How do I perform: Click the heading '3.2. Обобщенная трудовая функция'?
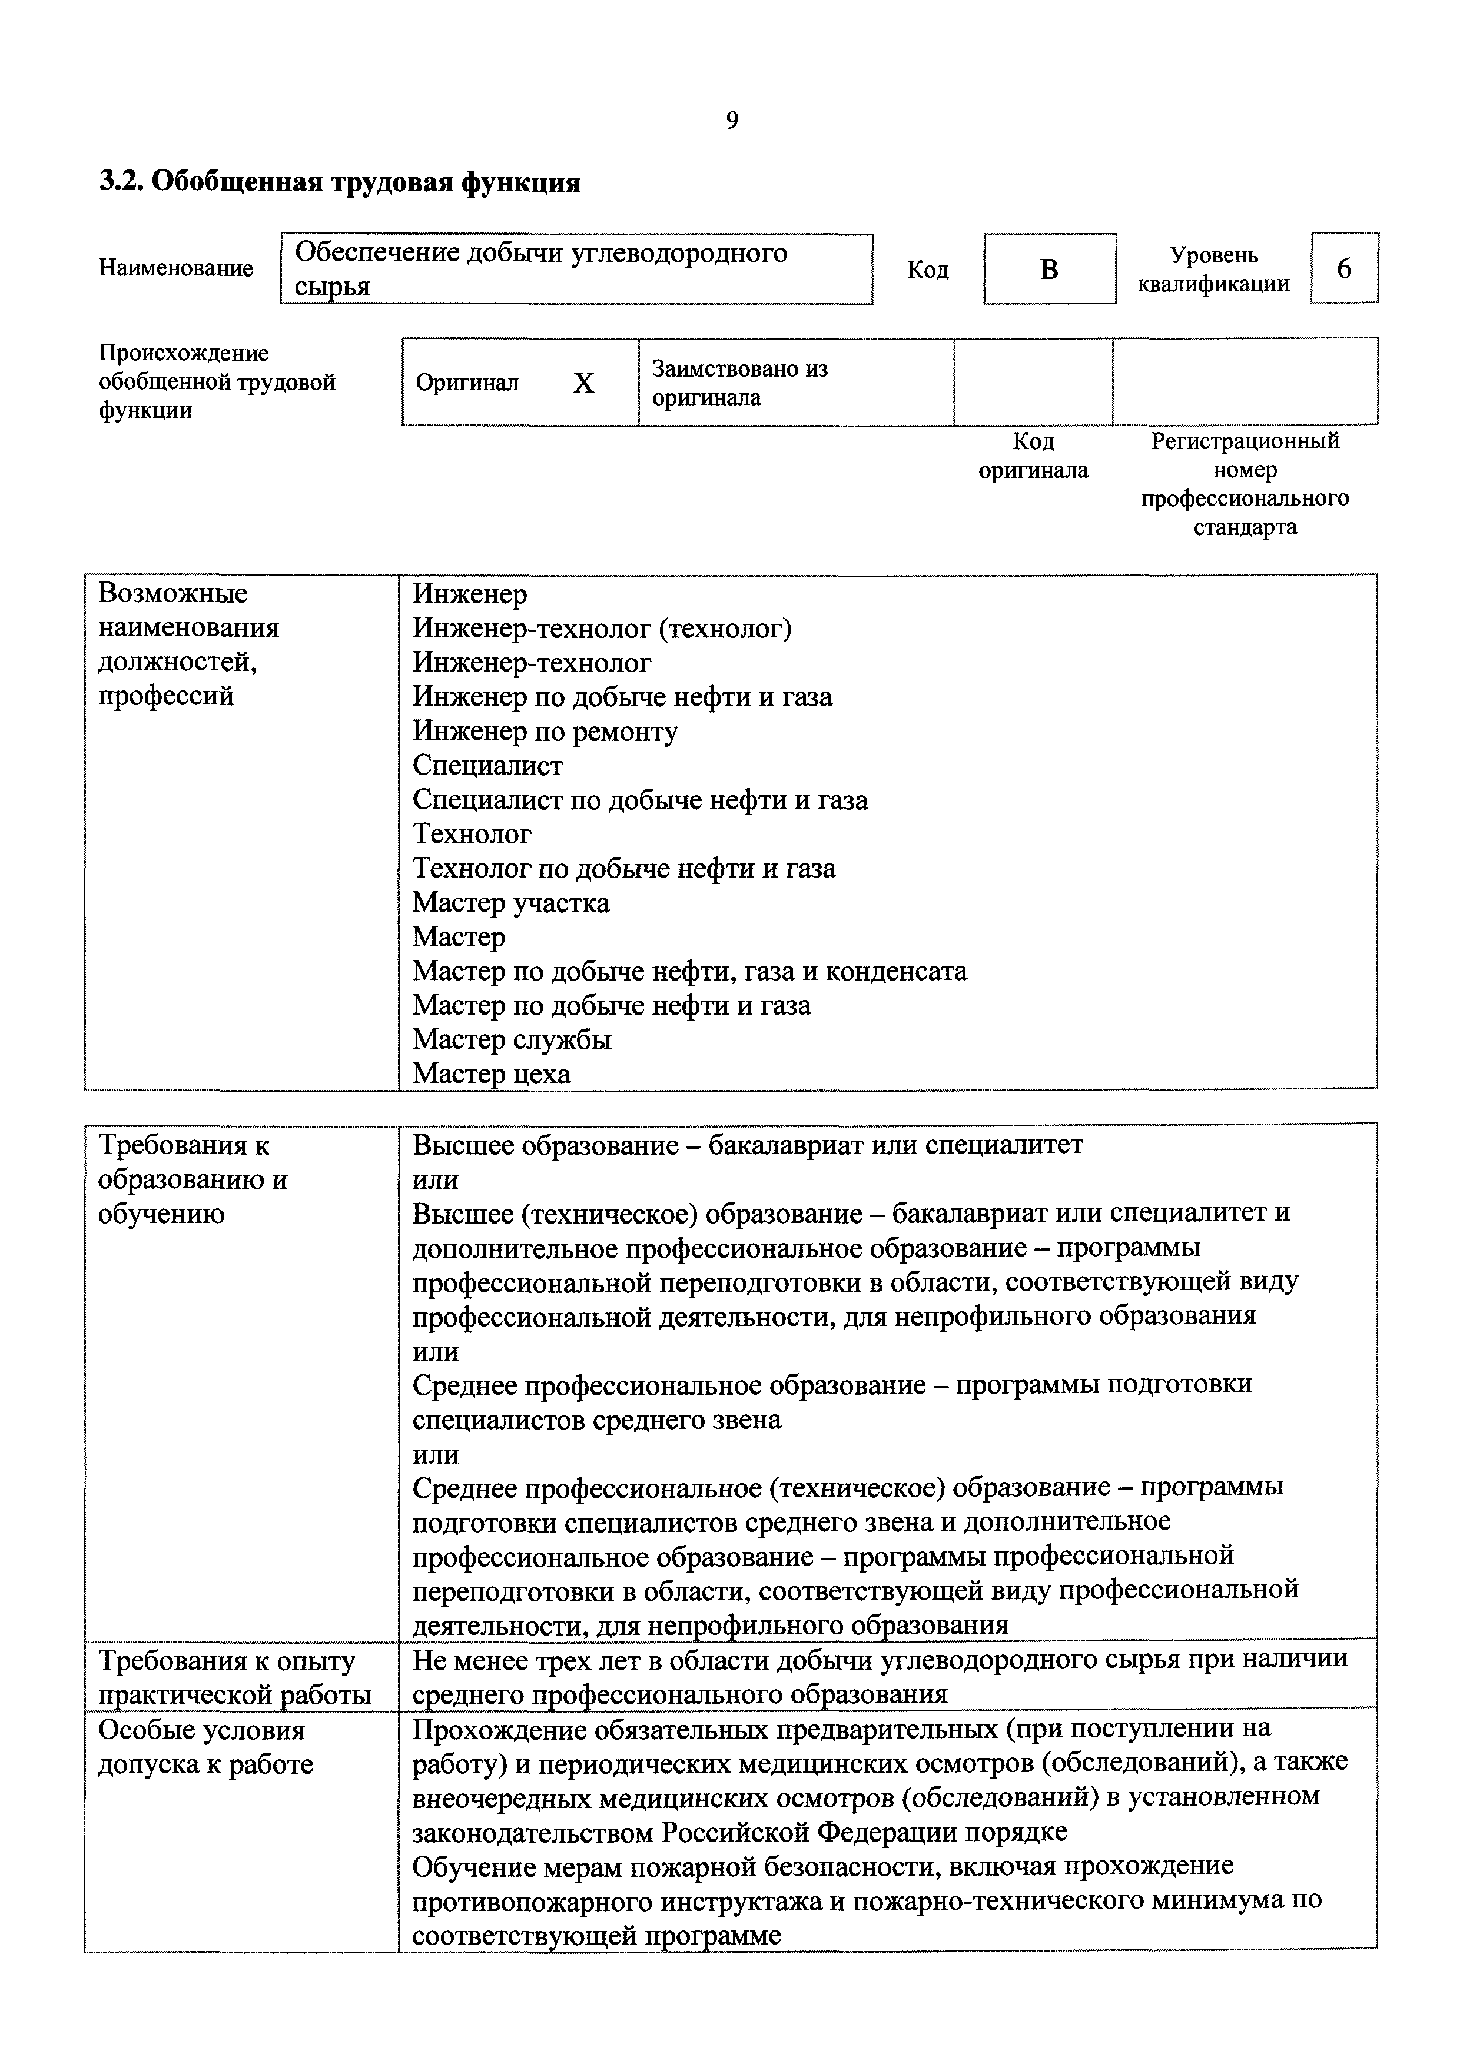(340, 182)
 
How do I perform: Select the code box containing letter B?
(1049, 269)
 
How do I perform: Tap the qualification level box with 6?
(1344, 268)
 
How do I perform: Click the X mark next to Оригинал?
(583, 383)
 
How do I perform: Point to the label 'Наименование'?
(176, 268)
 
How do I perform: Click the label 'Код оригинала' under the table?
(1033, 456)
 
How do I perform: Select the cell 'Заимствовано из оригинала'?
(740, 383)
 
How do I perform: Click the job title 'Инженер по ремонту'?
(545, 732)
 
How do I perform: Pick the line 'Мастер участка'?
(510, 903)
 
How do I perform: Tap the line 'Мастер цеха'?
(491, 1073)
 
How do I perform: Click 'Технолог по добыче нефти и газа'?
(624, 869)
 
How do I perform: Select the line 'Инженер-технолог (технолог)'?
(602, 629)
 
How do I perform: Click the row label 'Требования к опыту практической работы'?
(234, 1677)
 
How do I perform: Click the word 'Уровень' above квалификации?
(1214, 255)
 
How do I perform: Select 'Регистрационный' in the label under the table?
(1245, 441)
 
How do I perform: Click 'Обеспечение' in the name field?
(376, 254)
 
